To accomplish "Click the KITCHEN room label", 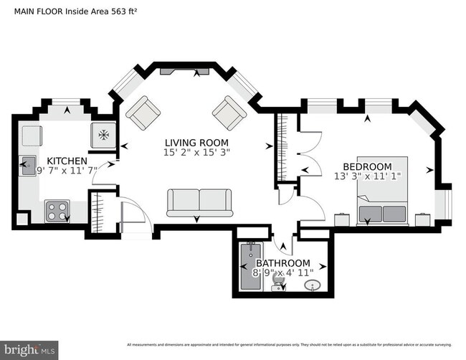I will (x=67, y=161).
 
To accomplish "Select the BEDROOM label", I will (x=367, y=166).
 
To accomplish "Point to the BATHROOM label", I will (x=283, y=263).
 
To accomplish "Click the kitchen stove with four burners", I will (x=57, y=210).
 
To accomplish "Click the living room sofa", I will (x=200, y=203).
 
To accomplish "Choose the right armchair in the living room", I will (x=229, y=113).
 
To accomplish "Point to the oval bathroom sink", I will (x=313, y=287).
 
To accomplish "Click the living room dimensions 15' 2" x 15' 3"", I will (x=198, y=153).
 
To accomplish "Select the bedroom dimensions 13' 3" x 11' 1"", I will (x=367, y=176).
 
